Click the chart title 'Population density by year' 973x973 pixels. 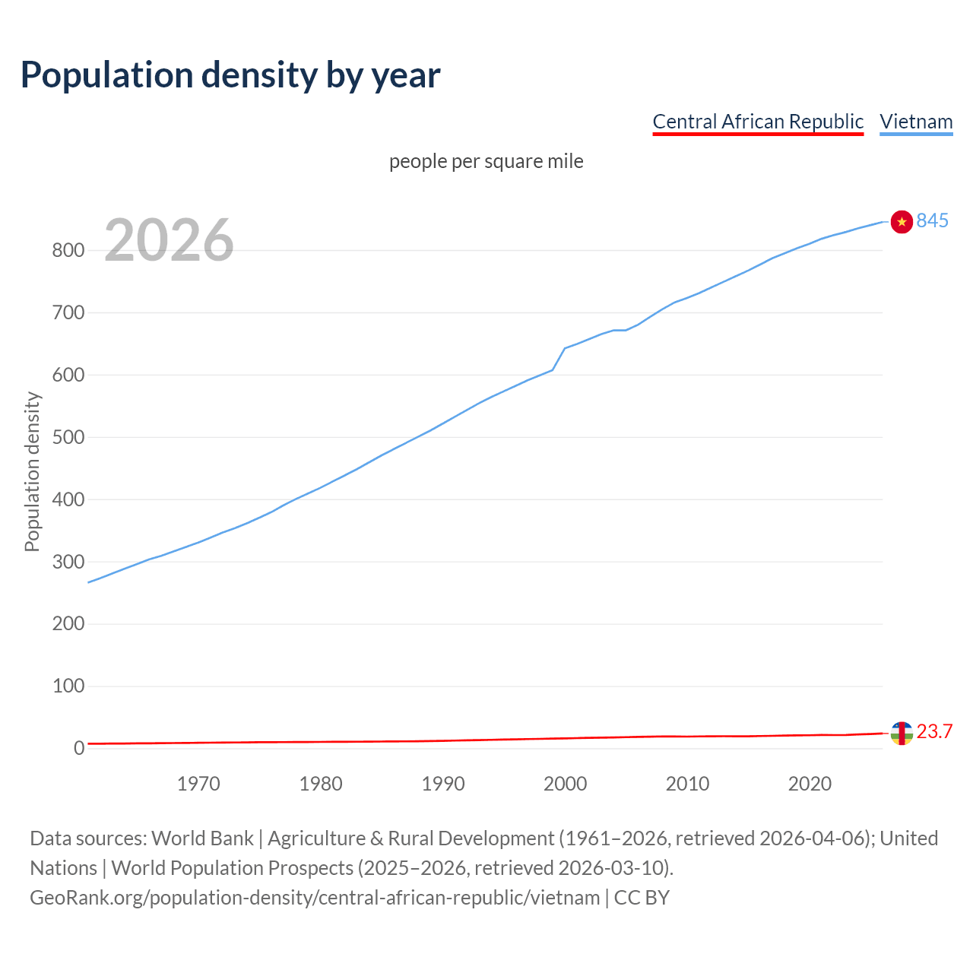click(230, 74)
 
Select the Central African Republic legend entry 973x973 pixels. click(757, 122)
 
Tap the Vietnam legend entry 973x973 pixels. click(916, 122)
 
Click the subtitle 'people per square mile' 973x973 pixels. click(486, 161)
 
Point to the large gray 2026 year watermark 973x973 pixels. click(169, 240)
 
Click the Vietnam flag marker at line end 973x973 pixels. click(901, 221)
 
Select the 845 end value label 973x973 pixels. click(933, 220)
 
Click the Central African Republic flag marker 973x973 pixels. click(901, 733)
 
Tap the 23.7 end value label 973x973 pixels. click(934, 731)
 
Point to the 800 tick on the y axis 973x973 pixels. click(68, 251)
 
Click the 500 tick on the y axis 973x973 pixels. click(68, 438)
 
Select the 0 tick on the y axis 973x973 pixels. click(78, 749)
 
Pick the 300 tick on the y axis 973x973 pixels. click(68, 563)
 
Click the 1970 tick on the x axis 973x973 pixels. click(198, 784)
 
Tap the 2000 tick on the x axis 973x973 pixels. click(565, 784)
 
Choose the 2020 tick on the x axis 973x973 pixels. click(810, 784)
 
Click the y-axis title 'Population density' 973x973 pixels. click(32, 471)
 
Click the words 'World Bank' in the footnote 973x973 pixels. click(202, 838)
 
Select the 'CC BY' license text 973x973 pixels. click(642, 898)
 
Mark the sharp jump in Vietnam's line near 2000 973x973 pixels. click(559, 359)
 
